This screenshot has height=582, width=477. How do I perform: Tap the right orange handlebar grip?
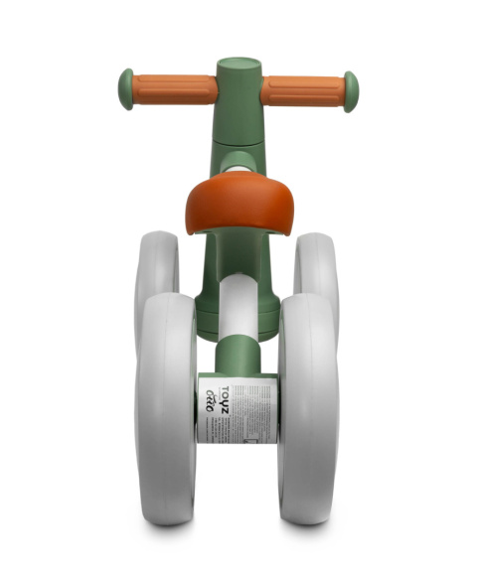tap(302, 91)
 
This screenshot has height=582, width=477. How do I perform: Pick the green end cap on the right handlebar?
tap(351, 90)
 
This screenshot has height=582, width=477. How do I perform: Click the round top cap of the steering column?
tap(239, 66)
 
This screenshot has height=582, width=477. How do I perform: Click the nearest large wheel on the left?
tap(166, 407)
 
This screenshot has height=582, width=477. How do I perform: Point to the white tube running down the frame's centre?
tap(238, 308)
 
